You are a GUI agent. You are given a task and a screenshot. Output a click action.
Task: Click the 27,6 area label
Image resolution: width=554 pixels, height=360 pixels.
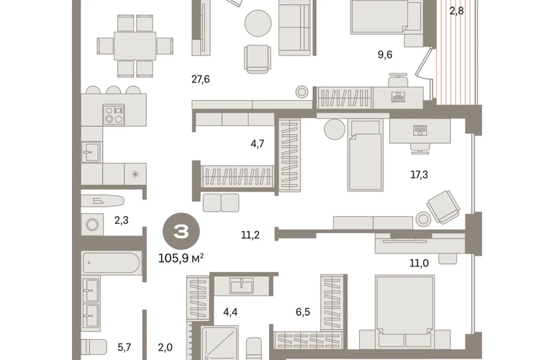[200, 80]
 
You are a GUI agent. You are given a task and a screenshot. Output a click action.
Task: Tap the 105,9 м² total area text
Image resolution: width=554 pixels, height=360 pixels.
[181, 258]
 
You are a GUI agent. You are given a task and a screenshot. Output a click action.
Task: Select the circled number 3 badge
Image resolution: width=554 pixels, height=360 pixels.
[181, 231]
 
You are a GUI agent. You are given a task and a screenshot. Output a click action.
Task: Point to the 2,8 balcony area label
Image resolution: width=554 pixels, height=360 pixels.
[456, 11]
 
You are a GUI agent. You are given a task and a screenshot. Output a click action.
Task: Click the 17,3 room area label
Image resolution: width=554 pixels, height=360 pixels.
[419, 174]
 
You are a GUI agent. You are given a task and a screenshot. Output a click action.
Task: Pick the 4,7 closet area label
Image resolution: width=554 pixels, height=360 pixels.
[258, 144]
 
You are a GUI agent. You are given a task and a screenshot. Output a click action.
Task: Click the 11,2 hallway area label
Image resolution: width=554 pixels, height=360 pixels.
[250, 235]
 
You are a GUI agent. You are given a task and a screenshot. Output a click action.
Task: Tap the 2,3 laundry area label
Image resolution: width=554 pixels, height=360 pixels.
[121, 220]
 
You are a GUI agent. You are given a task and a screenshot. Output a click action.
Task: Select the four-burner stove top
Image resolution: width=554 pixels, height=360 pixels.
[114, 114]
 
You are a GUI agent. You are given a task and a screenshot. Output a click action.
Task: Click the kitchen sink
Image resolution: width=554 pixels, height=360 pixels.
[91, 152]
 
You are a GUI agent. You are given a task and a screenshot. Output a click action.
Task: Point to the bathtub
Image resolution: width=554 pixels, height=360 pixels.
[112, 263]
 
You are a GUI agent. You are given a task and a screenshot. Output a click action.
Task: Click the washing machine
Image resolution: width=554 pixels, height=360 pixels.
[93, 225]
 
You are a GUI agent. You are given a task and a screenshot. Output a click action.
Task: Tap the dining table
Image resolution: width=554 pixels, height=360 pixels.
[135, 46]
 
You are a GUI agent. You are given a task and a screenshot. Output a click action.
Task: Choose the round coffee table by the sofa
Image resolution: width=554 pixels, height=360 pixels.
[258, 23]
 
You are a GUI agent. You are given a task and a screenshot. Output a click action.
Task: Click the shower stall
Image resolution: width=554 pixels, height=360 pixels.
[219, 343]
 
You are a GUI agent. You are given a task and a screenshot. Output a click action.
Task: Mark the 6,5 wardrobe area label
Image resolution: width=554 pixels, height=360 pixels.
[303, 312]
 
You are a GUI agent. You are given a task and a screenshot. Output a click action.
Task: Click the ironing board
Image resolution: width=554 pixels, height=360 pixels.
[103, 201]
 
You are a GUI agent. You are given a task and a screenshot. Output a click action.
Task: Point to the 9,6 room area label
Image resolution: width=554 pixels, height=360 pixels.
[385, 55]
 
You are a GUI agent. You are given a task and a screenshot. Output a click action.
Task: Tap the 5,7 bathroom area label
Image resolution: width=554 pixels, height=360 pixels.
[124, 348]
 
